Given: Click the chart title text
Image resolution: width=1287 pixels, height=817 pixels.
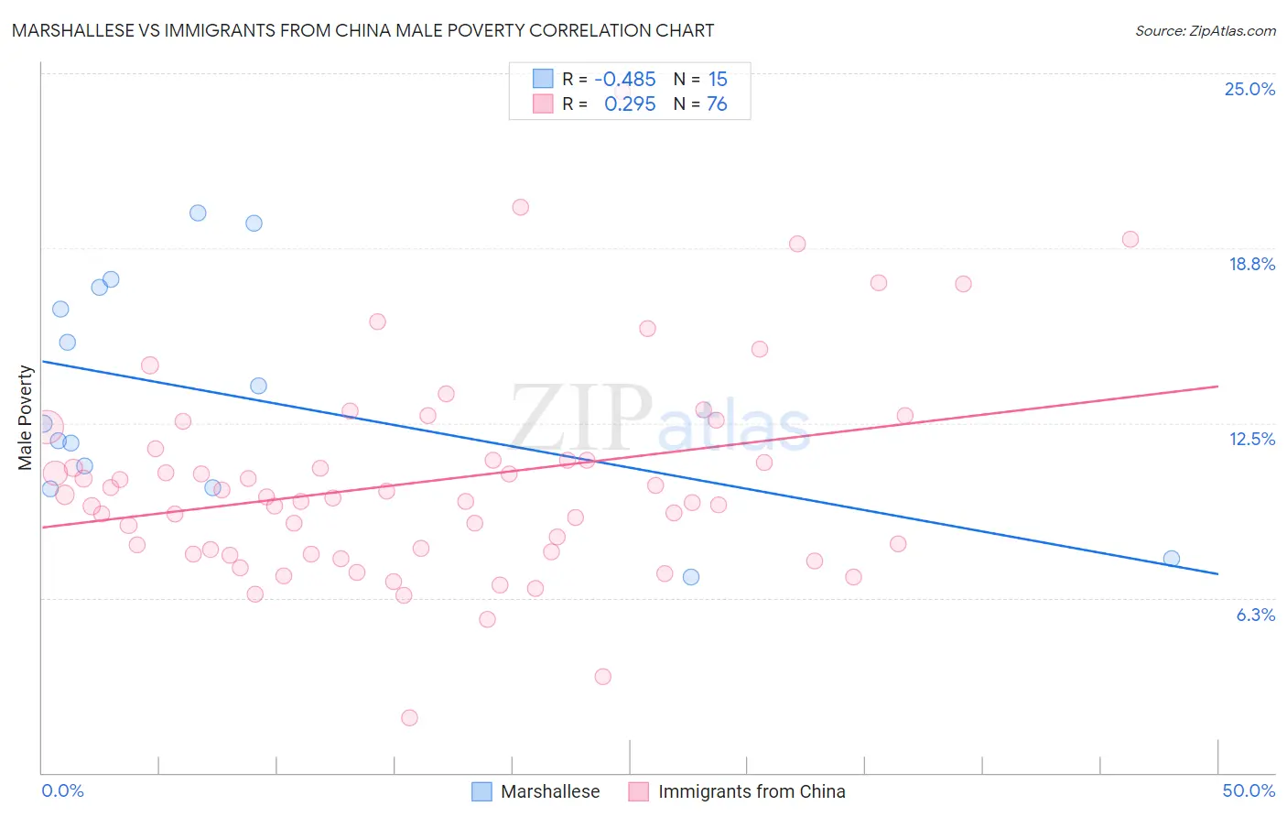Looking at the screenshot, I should click(x=362, y=30).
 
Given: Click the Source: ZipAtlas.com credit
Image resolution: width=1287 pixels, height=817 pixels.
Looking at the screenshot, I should click(x=1205, y=31).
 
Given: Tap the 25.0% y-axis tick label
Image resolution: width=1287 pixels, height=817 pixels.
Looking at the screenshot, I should click(x=1249, y=89).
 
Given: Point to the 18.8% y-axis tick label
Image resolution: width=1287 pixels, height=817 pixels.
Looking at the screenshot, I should click(x=1251, y=264).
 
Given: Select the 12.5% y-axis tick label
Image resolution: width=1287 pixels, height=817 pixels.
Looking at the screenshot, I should click(x=1251, y=439).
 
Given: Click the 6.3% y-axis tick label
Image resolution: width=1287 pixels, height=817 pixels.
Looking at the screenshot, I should click(x=1255, y=615).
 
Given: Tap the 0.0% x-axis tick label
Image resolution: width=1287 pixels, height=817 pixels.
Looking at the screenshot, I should click(x=63, y=790).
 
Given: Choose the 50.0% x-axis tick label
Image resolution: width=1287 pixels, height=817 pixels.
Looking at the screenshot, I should click(x=1248, y=790).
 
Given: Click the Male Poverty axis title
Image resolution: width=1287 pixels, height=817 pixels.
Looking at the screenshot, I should click(x=26, y=418).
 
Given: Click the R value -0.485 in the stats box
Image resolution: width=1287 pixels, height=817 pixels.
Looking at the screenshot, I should click(x=625, y=80).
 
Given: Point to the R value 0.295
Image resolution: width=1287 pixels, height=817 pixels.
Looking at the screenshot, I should click(x=630, y=104).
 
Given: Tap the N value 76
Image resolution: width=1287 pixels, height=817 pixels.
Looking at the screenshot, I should click(x=717, y=104).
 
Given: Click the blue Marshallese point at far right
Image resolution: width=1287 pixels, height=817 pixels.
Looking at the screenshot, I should click(x=1171, y=559).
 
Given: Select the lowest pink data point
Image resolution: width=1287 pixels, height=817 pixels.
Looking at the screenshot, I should click(x=409, y=718).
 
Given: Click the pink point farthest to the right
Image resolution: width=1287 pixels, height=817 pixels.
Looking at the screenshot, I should click(x=1130, y=239).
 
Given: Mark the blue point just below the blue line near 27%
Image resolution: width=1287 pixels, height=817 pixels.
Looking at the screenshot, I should click(x=691, y=577).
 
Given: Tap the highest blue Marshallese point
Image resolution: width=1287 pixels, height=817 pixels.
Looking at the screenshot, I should click(x=198, y=213).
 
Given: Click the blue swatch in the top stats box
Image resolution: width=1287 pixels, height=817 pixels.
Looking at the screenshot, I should click(x=543, y=79).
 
